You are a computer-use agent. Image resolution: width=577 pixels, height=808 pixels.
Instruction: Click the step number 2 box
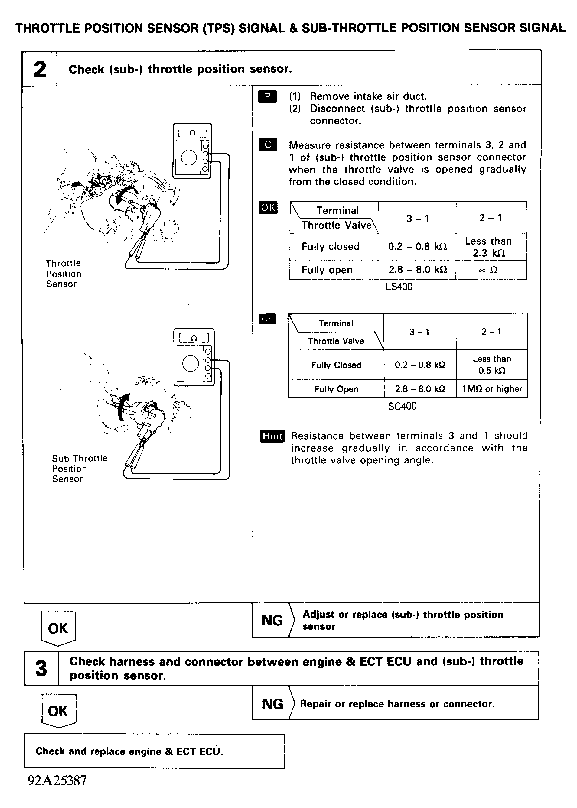(x=40, y=69)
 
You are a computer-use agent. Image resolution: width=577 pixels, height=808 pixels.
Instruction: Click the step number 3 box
(x=41, y=668)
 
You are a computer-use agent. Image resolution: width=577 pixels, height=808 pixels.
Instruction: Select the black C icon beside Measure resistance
(x=268, y=144)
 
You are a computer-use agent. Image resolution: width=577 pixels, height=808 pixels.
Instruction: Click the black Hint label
(x=272, y=436)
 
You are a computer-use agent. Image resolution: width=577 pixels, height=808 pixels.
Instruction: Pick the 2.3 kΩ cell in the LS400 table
(x=488, y=247)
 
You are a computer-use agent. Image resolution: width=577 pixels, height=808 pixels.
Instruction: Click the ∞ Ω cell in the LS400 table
(x=488, y=270)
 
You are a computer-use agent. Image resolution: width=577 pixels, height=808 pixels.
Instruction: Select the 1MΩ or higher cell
(x=492, y=389)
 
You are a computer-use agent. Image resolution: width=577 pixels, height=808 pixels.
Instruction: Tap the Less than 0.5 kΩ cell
(x=492, y=365)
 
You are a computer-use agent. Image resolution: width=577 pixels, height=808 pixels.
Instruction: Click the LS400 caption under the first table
(x=399, y=287)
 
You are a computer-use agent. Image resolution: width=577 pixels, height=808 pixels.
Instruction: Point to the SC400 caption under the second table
(x=402, y=406)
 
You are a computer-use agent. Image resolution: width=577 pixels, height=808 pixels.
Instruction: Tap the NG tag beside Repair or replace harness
(x=272, y=704)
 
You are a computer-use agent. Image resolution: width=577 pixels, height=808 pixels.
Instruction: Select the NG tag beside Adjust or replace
(x=272, y=621)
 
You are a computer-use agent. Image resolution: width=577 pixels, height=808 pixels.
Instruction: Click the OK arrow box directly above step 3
(x=58, y=628)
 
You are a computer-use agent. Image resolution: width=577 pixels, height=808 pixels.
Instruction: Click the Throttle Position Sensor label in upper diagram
(x=63, y=274)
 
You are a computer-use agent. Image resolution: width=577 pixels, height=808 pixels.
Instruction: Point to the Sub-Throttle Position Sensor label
(x=79, y=469)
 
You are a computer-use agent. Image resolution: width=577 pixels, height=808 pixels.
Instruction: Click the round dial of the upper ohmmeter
(x=189, y=157)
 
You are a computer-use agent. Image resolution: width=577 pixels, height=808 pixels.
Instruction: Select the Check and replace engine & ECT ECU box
(x=154, y=751)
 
